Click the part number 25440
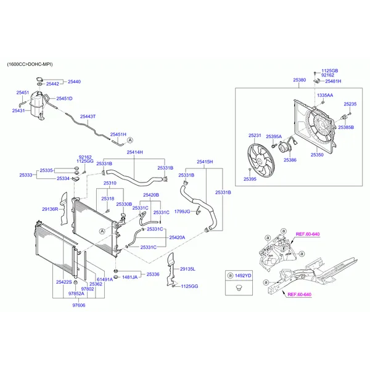coord(74,81)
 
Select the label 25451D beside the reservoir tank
coord(64,99)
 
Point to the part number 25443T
coord(89,117)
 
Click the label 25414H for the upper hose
coord(134,152)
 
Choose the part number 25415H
coord(205,162)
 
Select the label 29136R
coord(50,209)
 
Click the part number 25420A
coord(177,237)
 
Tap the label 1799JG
coord(183,212)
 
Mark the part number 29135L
coord(187,269)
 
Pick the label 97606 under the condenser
coord(78,305)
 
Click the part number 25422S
coord(64,282)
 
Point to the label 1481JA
coord(129,277)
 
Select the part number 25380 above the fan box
coord(299,80)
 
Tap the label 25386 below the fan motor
coord(290,160)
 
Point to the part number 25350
coord(317,155)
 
